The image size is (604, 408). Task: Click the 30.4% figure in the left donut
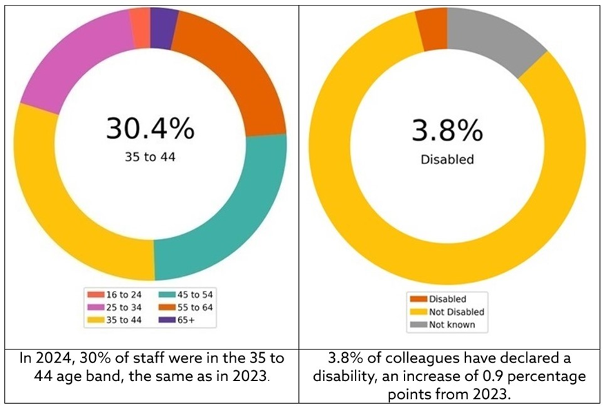click(x=150, y=129)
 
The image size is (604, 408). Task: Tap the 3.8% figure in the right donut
click(x=447, y=129)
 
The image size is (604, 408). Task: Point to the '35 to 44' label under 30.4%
click(x=150, y=158)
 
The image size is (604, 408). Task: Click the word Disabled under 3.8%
click(x=447, y=159)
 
